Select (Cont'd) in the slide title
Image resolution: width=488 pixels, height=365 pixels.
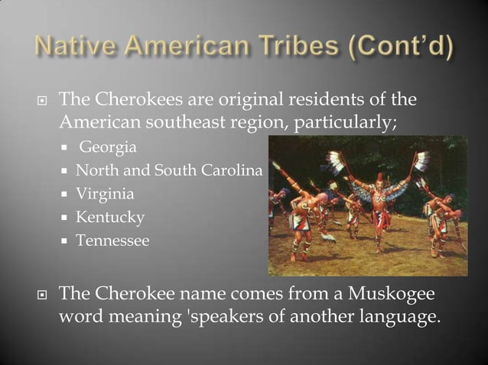tap(403, 47)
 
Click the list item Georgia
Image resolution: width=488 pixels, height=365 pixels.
tap(108, 146)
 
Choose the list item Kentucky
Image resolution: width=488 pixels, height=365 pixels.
tap(110, 218)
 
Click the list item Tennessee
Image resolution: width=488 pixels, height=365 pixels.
tap(112, 241)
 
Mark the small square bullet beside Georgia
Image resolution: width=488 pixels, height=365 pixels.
tap(67, 147)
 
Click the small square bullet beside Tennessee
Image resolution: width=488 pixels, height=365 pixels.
tap(67, 242)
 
